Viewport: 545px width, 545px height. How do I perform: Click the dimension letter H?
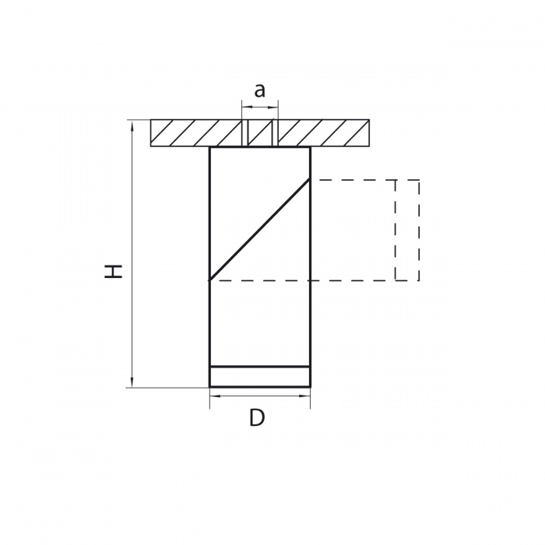114,272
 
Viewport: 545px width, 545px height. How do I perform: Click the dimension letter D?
257,418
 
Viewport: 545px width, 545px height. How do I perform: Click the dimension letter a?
259,91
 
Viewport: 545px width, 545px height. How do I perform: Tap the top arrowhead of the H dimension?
132,126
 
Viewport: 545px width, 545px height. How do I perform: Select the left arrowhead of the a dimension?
248,107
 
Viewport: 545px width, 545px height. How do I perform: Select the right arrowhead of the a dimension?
272,107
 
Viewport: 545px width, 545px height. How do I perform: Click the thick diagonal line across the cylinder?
259,230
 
